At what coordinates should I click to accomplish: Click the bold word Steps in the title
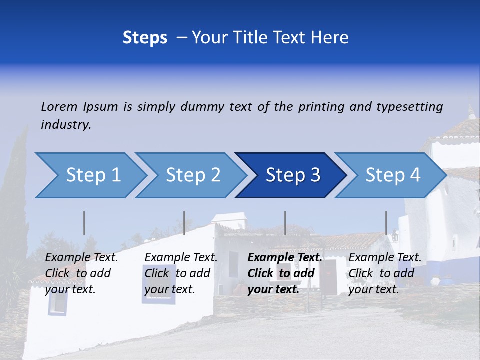pyautogui.click(x=145, y=38)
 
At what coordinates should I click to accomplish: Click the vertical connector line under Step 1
pyautogui.click(x=84, y=223)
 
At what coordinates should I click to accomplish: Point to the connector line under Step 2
pyautogui.click(x=184, y=223)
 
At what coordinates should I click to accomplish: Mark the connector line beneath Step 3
pyautogui.click(x=285, y=223)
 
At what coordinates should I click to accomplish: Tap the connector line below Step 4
pyautogui.click(x=386, y=223)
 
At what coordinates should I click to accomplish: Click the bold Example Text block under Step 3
pyautogui.click(x=285, y=273)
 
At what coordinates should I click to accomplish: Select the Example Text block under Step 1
pyautogui.click(x=81, y=273)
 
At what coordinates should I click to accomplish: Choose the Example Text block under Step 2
pyautogui.click(x=181, y=273)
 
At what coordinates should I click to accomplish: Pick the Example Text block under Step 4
pyautogui.click(x=385, y=273)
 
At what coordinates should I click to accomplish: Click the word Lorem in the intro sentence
pyautogui.click(x=59, y=107)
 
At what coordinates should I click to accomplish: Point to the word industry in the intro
pyautogui.click(x=66, y=125)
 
